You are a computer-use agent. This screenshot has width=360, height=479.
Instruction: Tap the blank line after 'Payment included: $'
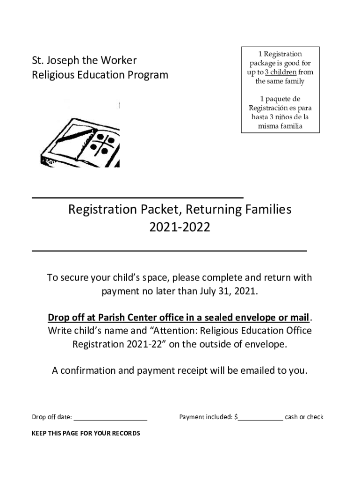pyautogui.click(x=260, y=417)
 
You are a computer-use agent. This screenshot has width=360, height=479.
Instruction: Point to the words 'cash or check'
pyautogui.click(x=304, y=417)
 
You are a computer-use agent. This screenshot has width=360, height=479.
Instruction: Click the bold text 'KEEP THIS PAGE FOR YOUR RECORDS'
pyautogui.click(x=86, y=434)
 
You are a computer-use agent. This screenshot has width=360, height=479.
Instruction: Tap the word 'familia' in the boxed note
pyautogui.click(x=288, y=126)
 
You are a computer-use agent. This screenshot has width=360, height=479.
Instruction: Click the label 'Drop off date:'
pyautogui.click(x=51, y=417)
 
